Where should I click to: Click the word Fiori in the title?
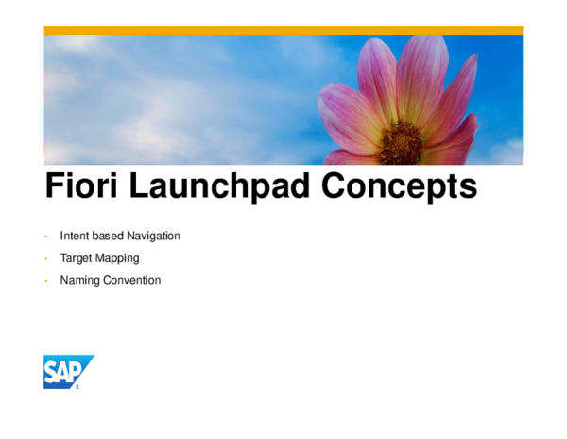(84, 187)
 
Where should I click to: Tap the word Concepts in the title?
(400, 187)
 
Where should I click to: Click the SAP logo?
(68, 372)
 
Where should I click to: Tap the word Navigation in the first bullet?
(152, 236)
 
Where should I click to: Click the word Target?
(77, 257)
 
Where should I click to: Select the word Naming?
(78, 281)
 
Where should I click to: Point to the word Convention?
(131, 280)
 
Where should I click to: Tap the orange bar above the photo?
(283, 30)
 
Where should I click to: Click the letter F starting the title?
(55, 187)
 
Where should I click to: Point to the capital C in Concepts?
(335, 187)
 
